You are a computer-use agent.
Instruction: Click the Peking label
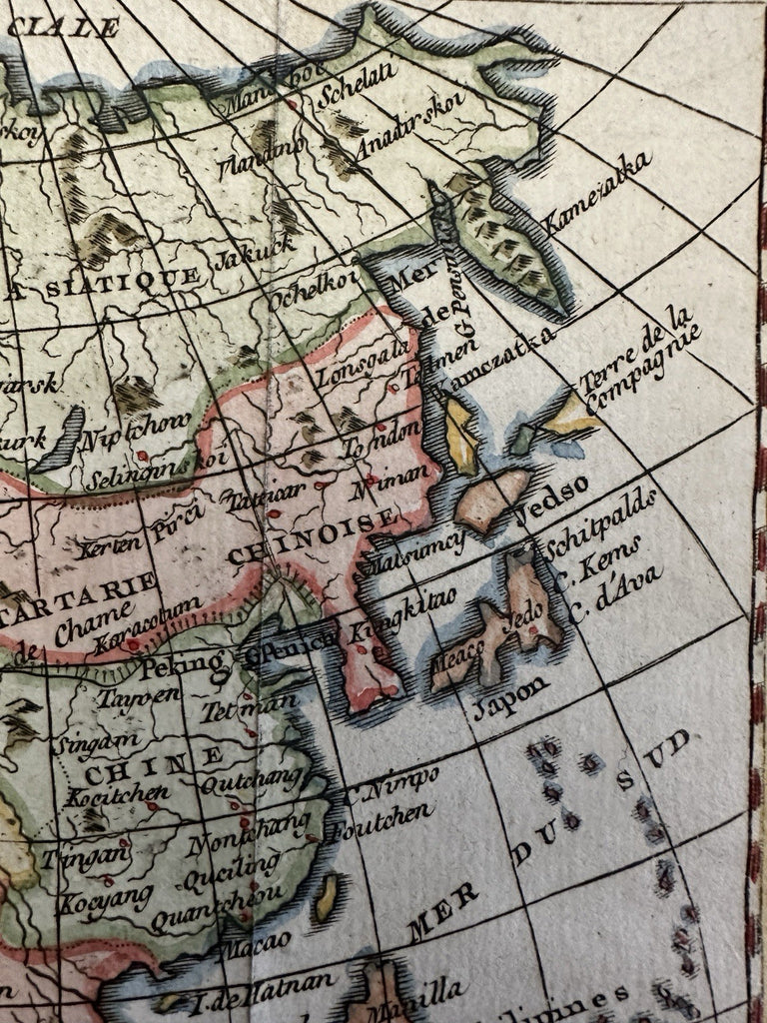[182, 663]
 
